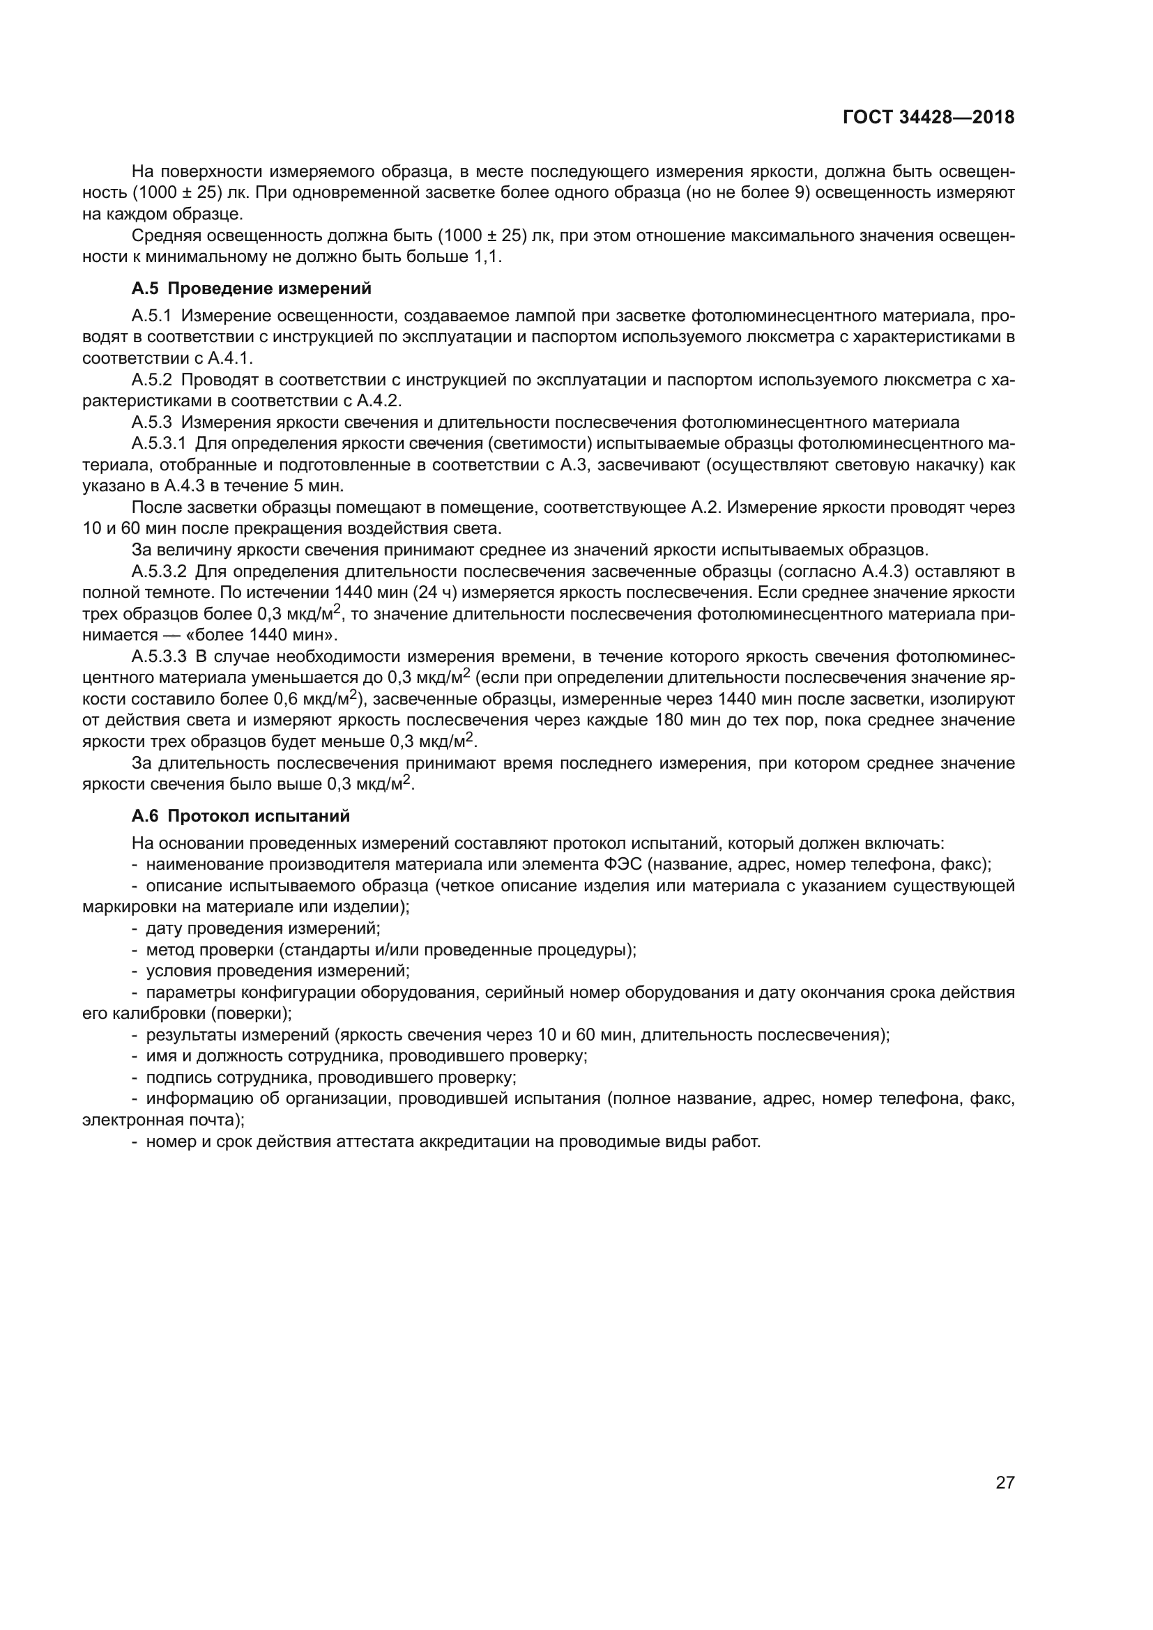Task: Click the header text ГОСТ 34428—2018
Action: pyautogui.click(x=928, y=117)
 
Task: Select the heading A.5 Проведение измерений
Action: pyautogui.click(x=252, y=289)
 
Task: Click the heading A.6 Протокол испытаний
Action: pyautogui.click(x=240, y=816)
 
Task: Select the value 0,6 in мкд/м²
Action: pyautogui.click(x=287, y=699)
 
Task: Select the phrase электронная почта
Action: pyautogui.click(x=160, y=1120)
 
